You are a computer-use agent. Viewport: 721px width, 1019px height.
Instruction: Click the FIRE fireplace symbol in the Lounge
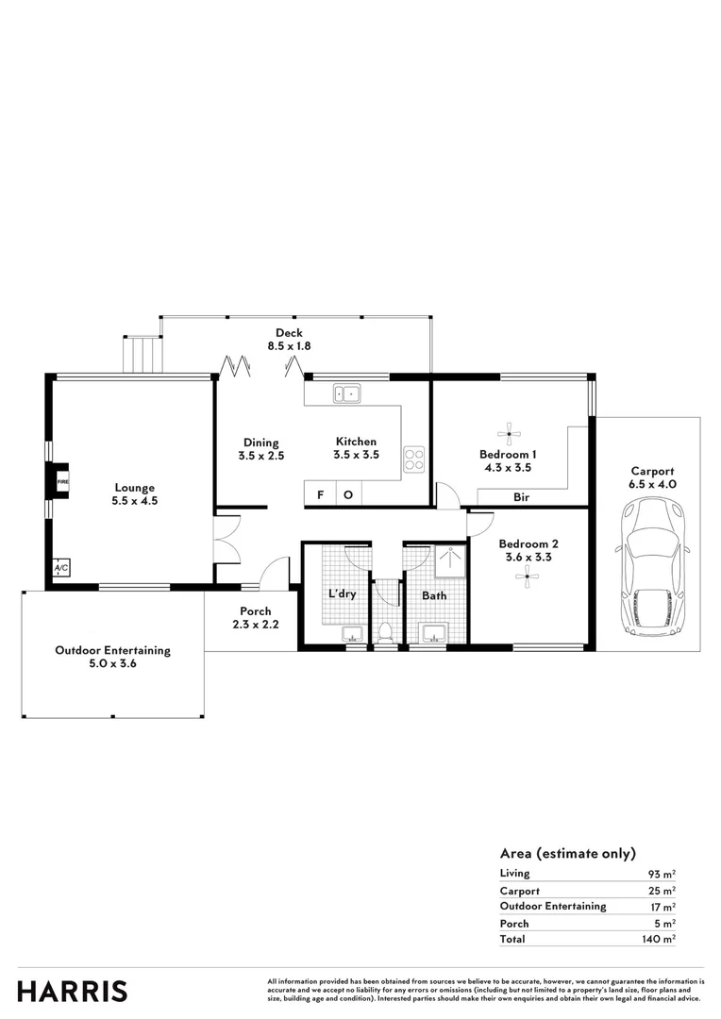[61, 480]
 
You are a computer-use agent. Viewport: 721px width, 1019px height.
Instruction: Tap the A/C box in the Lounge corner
[61, 568]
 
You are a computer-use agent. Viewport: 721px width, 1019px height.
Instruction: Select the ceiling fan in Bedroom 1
[510, 434]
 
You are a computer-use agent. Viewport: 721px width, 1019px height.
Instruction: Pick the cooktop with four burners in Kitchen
[414, 459]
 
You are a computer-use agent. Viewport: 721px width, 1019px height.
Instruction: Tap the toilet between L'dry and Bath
[386, 632]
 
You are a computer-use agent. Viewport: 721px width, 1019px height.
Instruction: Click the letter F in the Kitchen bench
[320, 494]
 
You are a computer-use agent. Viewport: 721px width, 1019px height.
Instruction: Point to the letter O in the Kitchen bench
[347, 494]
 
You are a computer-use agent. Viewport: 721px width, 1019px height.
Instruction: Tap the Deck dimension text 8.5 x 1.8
[288, 347]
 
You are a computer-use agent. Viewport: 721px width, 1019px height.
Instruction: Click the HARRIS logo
[73, 991]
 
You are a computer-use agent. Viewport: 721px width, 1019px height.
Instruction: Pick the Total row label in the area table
[512, 940]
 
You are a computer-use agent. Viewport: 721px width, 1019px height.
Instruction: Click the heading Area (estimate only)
[567, 853]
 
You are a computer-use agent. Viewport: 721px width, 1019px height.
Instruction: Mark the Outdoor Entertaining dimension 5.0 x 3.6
[112, 665]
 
